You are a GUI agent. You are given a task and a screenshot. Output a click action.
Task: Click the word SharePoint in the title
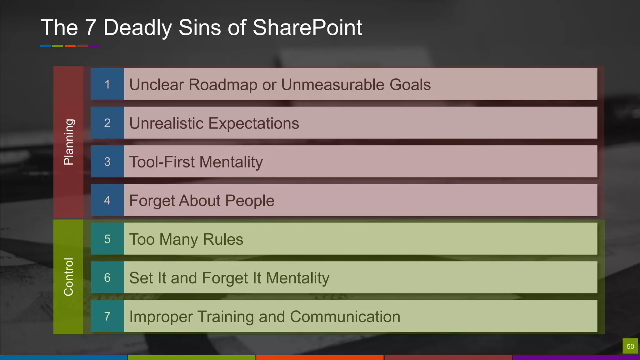pyautogui.click(x=307, y=27)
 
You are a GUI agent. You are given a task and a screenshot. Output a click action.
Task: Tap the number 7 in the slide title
pyautogui.click(x=90, y=27)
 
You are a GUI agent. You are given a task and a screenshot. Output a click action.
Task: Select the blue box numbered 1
pyautogui.click(x=107, y=84)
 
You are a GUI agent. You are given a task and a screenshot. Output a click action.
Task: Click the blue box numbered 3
pyautogui.click(x=107, y=162)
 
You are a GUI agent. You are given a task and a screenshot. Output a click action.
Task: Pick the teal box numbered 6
pyautogui.click(x=107, y=277)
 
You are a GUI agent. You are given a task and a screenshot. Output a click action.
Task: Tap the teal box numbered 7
pyautogui.click(x=107, y=316)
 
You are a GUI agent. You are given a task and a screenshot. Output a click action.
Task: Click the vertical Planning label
pyautogui.click(x=68, y=142)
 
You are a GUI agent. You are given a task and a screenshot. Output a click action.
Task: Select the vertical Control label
pyautogui.click(x=68, y=277)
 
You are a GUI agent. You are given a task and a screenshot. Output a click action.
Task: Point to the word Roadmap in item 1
pyautogui.click(x=223, y=85)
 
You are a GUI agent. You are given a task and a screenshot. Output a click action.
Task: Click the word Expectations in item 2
pyautogui.click(x=253, y=123)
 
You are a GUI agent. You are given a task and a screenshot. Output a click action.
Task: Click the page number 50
pyautogui.click(x=630, y=346)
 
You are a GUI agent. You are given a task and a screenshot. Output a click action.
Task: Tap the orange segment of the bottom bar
pyautogui.click(x=320, y=357)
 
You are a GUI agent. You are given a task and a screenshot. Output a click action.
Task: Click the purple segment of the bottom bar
pyautogui.click(x=576, y=357)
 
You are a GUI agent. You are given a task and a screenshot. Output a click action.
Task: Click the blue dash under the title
pyautogui.click(x=45, y=46)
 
